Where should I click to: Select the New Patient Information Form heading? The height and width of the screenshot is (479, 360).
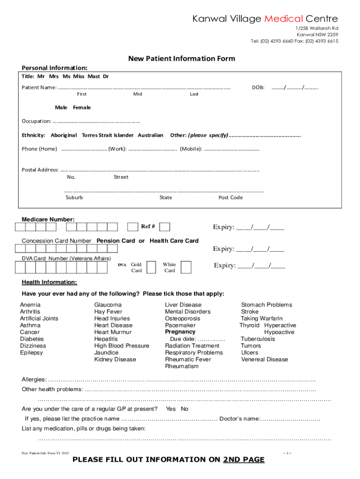182,58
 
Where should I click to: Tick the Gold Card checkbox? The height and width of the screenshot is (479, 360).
151,267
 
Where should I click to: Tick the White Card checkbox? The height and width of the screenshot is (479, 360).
186,267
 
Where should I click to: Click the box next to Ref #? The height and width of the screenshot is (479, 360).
165,227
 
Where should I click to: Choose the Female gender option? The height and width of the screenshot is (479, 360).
82,108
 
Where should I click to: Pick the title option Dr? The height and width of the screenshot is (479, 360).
106,76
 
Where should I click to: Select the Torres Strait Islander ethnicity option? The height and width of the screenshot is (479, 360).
108,135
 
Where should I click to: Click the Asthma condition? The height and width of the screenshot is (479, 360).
30,325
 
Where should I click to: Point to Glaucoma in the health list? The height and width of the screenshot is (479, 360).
108,305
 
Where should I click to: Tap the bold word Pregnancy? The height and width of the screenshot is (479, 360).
180,332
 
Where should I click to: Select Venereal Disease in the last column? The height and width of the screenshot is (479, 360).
264,359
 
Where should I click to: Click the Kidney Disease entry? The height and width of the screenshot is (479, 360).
115,359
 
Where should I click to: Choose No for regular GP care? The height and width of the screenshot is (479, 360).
185,409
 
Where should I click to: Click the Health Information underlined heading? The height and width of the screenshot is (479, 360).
50,282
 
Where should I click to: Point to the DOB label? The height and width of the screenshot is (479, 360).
259,87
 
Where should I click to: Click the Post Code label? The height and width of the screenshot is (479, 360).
230,197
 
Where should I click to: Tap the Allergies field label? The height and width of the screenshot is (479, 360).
34,379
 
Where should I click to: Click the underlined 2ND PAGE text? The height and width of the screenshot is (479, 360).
244,460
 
